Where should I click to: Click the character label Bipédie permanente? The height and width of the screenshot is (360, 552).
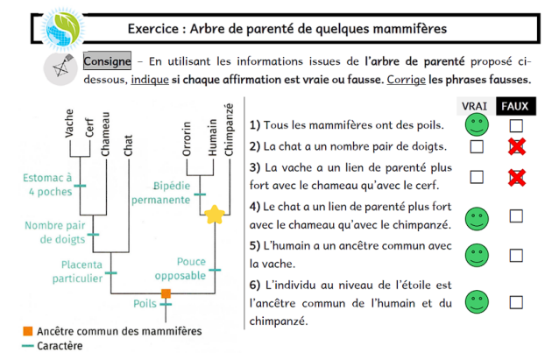point(160,193)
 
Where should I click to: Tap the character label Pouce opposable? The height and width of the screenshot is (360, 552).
point(191,268)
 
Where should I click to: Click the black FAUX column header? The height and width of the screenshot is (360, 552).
point(516,106)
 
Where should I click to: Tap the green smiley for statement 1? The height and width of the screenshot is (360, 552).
point(476,124)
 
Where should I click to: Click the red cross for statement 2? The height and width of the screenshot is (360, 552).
point(517,146)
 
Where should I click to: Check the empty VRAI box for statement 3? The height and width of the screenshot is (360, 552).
point(476,177)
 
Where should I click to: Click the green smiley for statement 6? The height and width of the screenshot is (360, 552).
point(476,300)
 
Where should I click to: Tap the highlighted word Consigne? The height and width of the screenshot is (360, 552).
point(108,62)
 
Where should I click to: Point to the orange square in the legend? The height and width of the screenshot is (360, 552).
point(28,331)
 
